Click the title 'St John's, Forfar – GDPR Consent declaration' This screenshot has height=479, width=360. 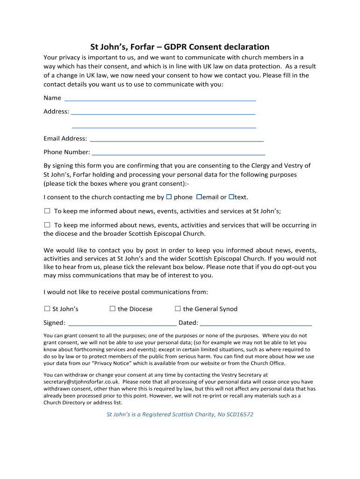(180, 47)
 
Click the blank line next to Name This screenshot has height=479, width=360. (160, 99)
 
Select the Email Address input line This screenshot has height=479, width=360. (176, 140)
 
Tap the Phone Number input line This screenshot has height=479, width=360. (179, 153)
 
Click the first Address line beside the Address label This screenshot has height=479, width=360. (163, 113)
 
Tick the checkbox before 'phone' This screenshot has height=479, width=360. (169, 197)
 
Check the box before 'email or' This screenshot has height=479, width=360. (199, 197)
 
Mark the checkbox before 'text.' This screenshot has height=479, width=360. (231, 197)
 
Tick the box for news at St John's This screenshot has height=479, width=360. (47, 211)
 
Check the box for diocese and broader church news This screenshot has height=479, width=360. (47, 225)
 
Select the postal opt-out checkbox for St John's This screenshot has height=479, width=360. (47, 309)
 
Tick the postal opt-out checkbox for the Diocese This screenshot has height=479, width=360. (112, 309)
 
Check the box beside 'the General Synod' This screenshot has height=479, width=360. (178, 309)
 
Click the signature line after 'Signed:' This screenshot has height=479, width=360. (122, 324)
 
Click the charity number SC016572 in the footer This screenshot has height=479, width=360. (240, 414)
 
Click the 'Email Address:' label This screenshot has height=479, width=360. (65, 138)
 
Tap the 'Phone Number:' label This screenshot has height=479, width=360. (66, 152)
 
